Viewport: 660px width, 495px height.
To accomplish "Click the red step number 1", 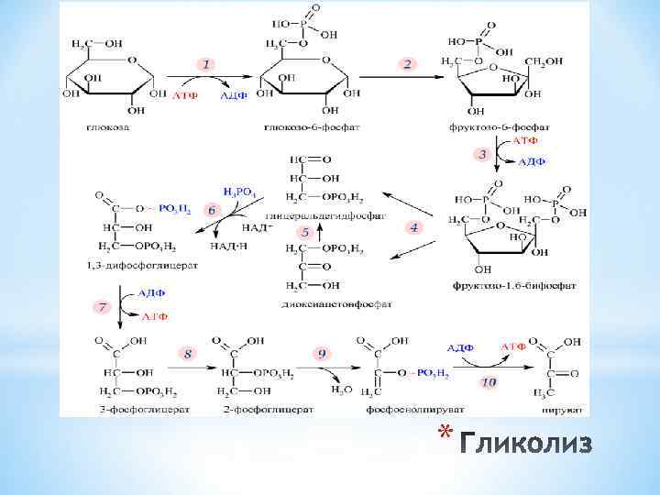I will point(208,64).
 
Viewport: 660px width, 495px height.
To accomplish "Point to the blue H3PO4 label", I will point(241,192).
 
